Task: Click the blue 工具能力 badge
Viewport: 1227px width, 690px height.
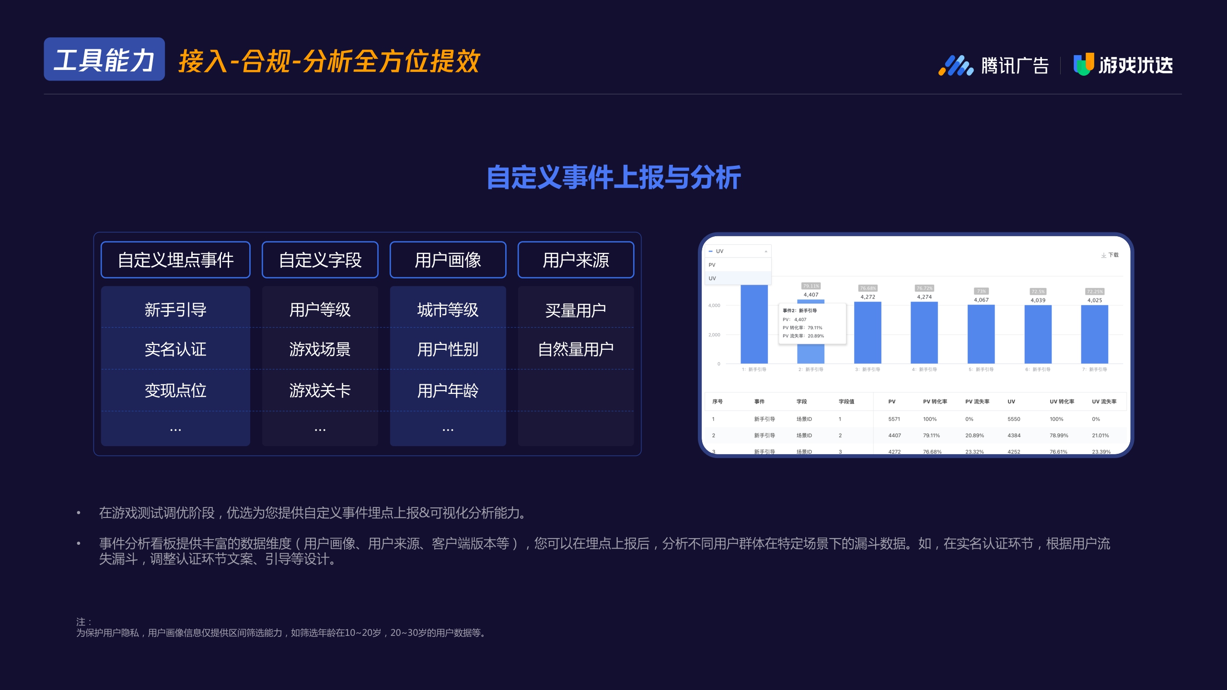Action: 104,59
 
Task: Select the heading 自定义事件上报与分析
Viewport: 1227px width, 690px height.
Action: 613,177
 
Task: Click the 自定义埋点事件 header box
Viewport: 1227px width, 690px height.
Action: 175,260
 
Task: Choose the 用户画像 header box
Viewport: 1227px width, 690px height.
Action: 448,260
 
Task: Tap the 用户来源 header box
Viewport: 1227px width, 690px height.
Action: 576,260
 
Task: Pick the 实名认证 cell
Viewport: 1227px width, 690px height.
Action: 175,349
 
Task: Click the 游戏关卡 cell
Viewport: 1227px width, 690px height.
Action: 320,391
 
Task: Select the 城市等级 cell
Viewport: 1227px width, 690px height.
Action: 448,310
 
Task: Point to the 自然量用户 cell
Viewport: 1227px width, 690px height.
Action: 576,349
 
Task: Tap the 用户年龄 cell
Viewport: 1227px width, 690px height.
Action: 448,391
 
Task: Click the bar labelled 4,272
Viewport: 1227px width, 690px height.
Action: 868,333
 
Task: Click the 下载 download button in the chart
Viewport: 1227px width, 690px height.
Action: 1110,255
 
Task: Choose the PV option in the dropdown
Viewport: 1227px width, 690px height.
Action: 712,265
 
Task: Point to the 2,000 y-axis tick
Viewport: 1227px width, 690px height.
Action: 714,335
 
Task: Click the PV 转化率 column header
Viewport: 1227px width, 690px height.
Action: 935,402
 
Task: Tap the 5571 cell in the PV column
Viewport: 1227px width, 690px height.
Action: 894,419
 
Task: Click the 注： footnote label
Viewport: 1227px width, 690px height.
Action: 83,622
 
